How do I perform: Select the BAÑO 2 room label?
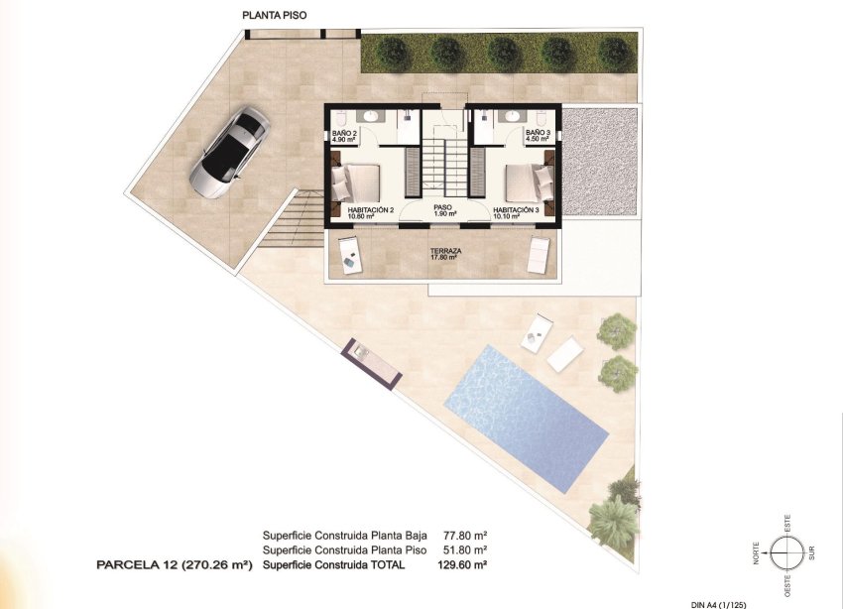coord(344,136)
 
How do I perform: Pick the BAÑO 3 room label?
coord(537,136)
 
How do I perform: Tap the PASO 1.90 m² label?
coord(443,210)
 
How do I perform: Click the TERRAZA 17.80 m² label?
coord(445,255)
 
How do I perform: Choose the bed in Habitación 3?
coord(530,183)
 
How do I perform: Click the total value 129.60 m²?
coord(462,564)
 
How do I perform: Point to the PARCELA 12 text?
coord(175,564)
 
